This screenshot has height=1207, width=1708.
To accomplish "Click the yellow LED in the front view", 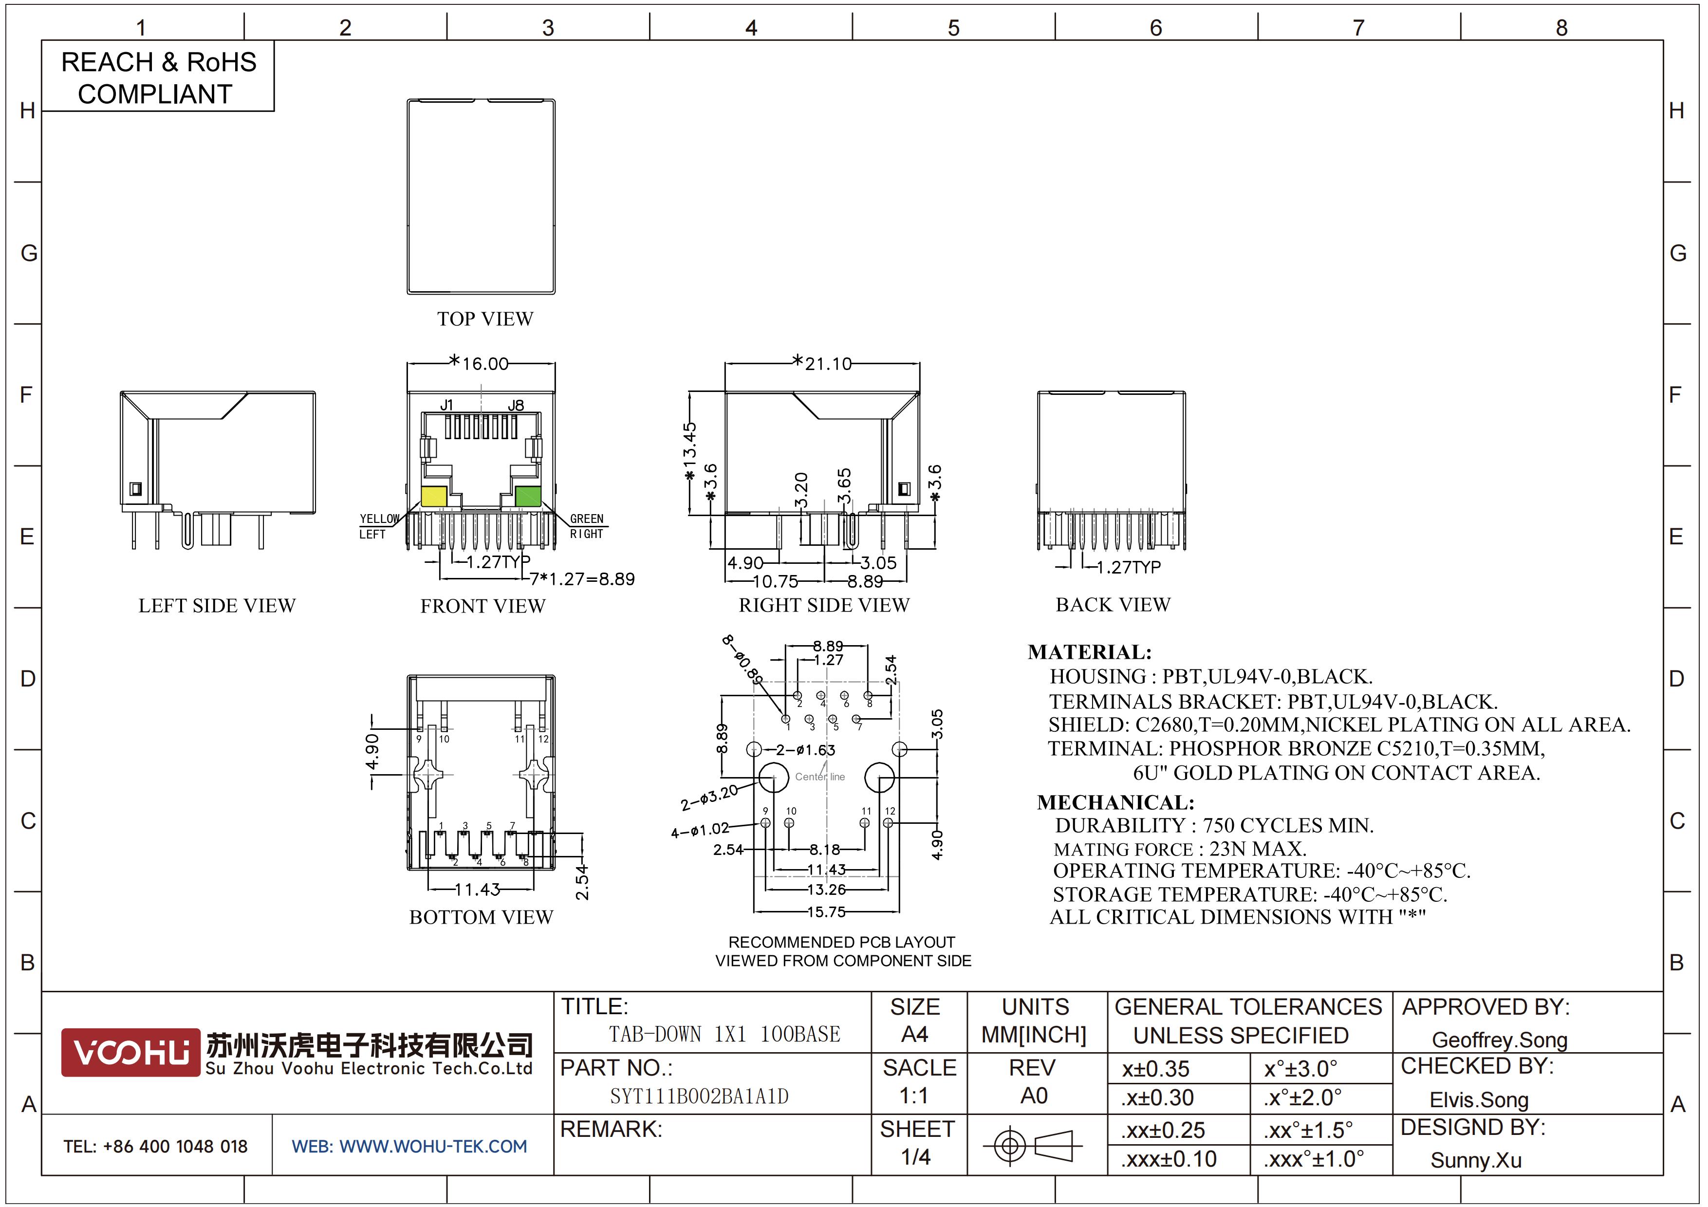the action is point(434,496).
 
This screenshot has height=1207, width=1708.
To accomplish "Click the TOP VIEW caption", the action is point(485,319).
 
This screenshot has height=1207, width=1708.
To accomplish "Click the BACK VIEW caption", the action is point(1113,605).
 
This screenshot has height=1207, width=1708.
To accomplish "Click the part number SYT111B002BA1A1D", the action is point(699,1096).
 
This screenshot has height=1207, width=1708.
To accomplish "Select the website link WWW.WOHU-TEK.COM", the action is point(433,1146).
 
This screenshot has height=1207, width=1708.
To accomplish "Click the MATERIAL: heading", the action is point(1090,652).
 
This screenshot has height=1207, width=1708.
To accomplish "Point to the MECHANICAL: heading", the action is point(1116,802).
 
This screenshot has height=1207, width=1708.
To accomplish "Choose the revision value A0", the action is point(1034,1096).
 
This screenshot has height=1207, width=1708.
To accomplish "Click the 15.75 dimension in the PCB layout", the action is point(826,912).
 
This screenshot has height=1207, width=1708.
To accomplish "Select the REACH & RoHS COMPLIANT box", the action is point(158,76).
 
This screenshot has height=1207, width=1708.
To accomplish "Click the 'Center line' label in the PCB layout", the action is point(820,777).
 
